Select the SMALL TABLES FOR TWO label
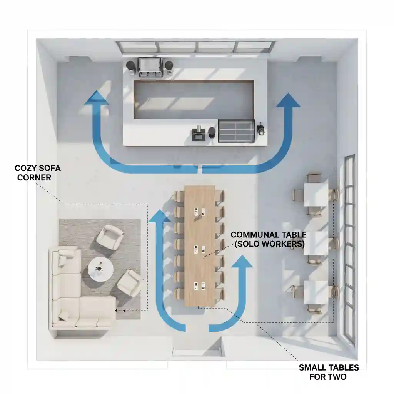[x=329, y=372]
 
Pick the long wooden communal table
[x=199, y=246]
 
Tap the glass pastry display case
[x=236, y=131]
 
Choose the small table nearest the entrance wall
[x=316, y=292]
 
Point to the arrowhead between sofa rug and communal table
[x=159, y=216]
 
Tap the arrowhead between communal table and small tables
[x=241, y=261]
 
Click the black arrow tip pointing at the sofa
[x=117, y=310]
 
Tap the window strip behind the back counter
[x=196, y=47]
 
